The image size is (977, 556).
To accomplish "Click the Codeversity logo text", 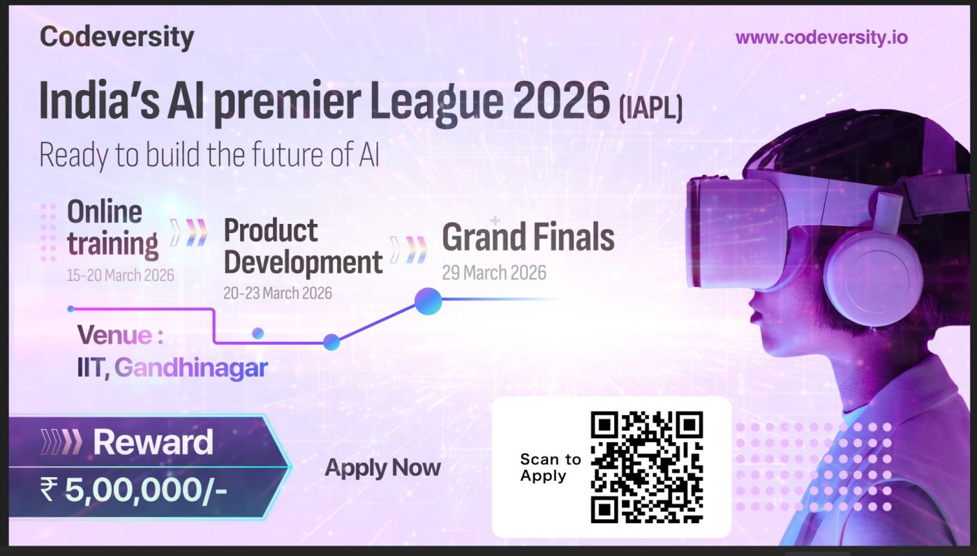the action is click(117, 38).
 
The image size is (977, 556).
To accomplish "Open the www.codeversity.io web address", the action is click(821, 38).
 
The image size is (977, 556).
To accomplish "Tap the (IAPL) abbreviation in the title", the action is click(650, 108).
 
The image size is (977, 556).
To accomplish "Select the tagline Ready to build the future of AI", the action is click(209, 155).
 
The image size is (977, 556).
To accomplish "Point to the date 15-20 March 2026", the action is click(120, 275).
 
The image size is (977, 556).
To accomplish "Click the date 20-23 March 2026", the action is click(278, 293).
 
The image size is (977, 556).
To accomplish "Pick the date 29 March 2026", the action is click(494, 273).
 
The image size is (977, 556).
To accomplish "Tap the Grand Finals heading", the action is click(528, 236).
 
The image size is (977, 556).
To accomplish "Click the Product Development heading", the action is click(303, 247).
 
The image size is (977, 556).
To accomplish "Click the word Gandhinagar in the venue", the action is click(191, 368).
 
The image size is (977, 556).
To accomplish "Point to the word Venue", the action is click(114, 334).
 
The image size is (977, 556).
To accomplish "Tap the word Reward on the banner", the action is click(153, 442).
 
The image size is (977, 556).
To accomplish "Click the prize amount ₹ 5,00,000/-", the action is click(133, 490).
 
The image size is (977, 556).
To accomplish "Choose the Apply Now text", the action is click(382, 467).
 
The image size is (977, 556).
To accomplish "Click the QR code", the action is click(647, 467).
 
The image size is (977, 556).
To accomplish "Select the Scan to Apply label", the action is click(551, 467).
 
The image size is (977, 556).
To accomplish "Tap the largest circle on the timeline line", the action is click(428, 301).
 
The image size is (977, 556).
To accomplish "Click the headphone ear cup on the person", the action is click(874, 275).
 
